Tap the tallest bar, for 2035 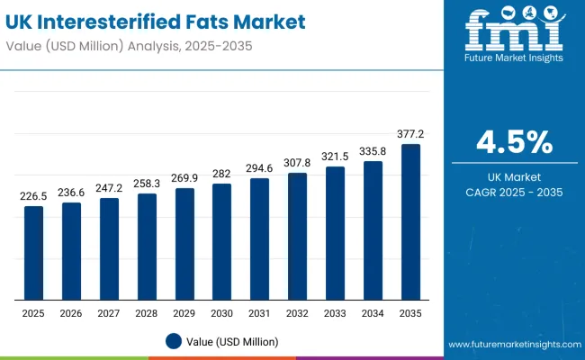(x=410, y=221)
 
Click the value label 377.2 (x=410, y=134)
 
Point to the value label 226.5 (x=33, y=196)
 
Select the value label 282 (x=221, y=174)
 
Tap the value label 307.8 (x=297, y=163)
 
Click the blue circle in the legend (x=175, y=341)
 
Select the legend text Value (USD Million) (x=234, y=341)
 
